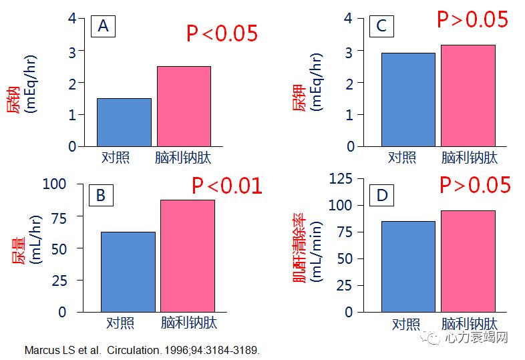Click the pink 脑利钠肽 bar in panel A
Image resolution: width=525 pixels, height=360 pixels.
(184, 106)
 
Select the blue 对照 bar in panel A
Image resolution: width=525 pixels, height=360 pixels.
(124, 122)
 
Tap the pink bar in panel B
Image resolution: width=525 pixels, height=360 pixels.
(187, 256)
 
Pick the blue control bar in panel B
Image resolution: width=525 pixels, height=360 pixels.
(128, 272)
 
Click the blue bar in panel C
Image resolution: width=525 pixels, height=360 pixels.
(408, 100)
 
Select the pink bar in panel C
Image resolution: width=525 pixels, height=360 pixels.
(468, 96)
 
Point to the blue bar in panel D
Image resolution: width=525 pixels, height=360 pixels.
(408, 266)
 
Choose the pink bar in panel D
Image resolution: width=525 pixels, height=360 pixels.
(468, 261)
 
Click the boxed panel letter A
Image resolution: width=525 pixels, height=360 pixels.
(104, 26)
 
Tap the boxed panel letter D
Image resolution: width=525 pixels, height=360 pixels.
(382, 195)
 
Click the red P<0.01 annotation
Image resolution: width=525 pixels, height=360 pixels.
(227, 186)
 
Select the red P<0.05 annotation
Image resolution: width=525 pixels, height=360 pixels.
(222, 33)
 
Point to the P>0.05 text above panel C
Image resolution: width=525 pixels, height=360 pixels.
(473, 19)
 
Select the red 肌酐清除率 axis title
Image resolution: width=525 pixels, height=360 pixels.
(300, 248)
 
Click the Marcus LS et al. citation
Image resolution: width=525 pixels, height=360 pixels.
(141, 350)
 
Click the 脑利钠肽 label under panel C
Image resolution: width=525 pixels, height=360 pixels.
(470, 158)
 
